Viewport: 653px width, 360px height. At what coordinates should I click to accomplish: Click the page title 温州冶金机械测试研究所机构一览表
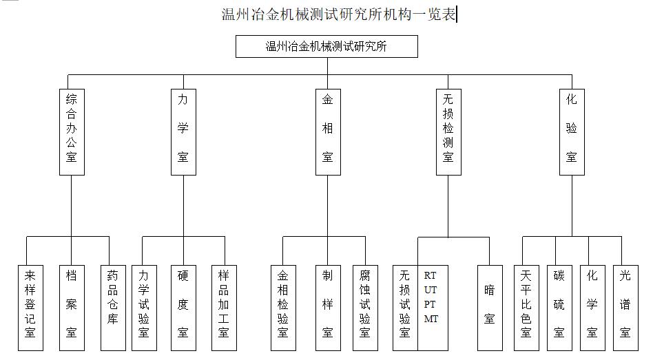[338, 14]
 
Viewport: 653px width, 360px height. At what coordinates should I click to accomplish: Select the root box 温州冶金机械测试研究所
[326, 46]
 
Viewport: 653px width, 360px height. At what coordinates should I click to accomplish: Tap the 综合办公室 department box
[72, 132]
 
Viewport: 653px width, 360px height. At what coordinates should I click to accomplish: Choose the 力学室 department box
[183, 132]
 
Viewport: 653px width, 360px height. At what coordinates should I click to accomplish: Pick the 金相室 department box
[328, 132]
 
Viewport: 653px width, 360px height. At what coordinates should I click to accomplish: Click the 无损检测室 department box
[448, 132]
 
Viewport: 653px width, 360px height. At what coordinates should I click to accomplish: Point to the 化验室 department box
[572, 132]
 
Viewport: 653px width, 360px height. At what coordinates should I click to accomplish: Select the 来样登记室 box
[30, 308]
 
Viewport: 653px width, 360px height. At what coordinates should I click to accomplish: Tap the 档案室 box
[72, 308]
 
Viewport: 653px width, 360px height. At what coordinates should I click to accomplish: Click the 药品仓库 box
[113, 308]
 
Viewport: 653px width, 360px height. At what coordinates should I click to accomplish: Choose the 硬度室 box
[183, 308]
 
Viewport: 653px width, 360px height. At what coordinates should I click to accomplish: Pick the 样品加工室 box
[224, 308]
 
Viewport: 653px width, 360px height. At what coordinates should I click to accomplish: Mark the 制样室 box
[328, 308]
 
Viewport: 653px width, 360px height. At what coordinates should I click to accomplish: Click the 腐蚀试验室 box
[365, 308]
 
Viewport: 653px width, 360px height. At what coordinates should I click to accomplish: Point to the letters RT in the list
[431, 275]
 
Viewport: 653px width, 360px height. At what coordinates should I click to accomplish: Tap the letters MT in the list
[431, 319]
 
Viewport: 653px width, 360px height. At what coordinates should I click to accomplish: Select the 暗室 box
[490, 308]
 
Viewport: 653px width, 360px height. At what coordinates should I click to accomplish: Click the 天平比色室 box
[526, 308]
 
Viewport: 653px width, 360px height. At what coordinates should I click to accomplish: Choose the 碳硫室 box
[559, 308]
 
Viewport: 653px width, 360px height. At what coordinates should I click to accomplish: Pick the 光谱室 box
[625, 308]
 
